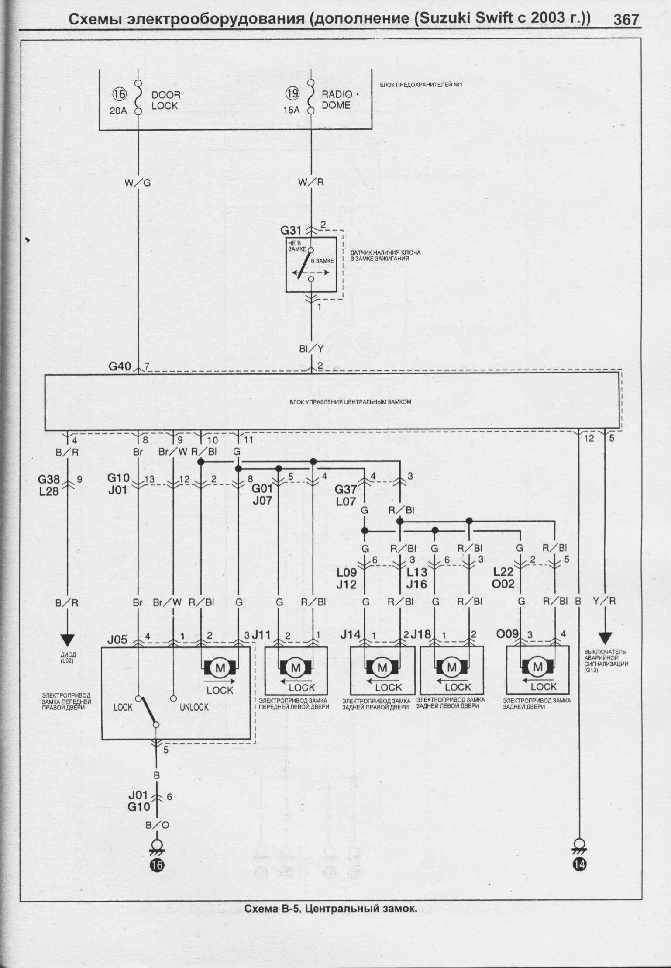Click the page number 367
point(626,20)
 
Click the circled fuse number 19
point(292,94)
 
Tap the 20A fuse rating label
point(118,111)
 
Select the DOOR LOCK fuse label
point(165,100)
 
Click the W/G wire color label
point(137,183)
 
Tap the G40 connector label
point(120,366)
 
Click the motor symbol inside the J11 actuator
point(296,667)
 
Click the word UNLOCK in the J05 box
point(194,707)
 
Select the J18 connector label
point(421,634)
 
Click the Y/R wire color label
point(605,601)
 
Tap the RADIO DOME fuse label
point(337,100)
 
